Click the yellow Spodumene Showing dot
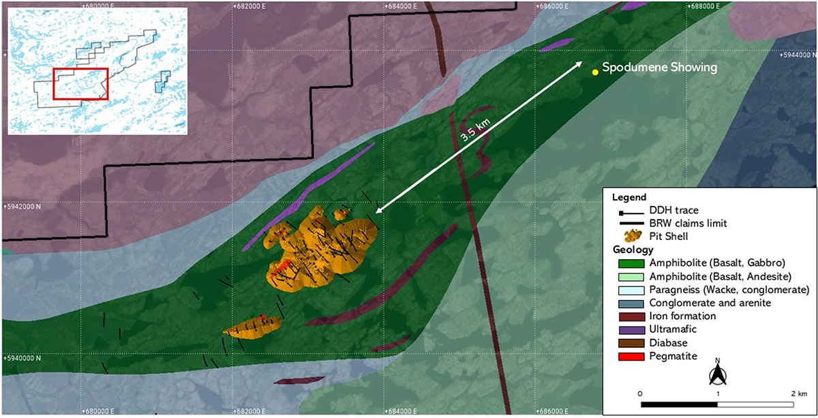tap(595, 71)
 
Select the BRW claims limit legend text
tap(687, 222)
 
